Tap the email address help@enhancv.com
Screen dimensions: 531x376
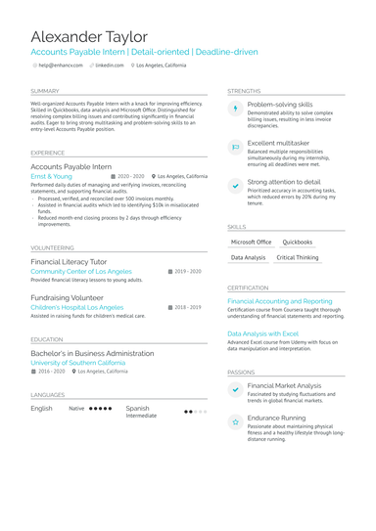[61, 65]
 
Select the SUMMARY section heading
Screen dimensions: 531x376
[45, 91]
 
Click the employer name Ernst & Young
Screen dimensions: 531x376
[51, 176]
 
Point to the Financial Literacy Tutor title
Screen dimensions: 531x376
[69, 262]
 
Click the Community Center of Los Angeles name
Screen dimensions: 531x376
[80, 271]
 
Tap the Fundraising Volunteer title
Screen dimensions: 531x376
[67, 297]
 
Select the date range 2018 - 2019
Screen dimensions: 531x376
[186, 307]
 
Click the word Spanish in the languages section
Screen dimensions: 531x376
[138, 408]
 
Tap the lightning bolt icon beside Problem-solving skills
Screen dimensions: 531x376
[235, 109]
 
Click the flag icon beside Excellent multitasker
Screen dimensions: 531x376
[235, 148]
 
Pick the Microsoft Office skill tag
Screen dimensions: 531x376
[251, 242]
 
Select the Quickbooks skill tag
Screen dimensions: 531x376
[298, 242]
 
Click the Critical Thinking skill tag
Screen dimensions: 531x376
[298, 257]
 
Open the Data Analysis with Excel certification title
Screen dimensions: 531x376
[262, 333]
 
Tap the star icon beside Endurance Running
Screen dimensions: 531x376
[235, 421]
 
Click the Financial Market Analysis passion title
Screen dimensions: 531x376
[284, 386]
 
